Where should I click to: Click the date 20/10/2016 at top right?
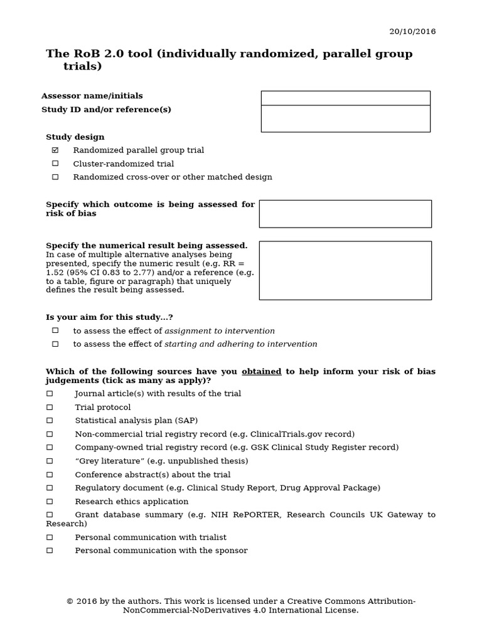point(412,31)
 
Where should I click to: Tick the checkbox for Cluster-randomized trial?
point(55,164)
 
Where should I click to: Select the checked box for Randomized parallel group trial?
point(55,150)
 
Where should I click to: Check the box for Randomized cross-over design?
point(55,177)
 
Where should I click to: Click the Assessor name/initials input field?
point(345,98)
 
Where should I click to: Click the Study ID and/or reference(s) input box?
point(345,118)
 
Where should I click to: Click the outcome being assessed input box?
point(345,214)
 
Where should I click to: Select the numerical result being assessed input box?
point(345,270)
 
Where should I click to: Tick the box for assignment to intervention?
point(55,330)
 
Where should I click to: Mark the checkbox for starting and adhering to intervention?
point(55,344)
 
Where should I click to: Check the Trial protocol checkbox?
point(50,407)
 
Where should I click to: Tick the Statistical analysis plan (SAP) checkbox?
point(50,420)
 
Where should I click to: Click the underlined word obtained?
point(261,371)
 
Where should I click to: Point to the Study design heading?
point(75,137)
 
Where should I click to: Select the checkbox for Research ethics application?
point(50,502)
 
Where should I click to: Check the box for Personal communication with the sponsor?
point(50,550)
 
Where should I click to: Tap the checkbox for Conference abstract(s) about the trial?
point(50,475)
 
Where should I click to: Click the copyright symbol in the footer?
point(70,601)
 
